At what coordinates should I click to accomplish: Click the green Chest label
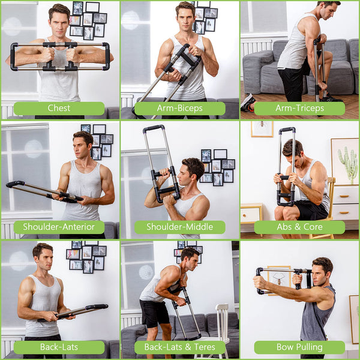[x=59, y=109]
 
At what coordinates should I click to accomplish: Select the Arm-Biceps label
[x=179, y=109]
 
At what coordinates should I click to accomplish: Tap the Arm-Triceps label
[x=299, y=109]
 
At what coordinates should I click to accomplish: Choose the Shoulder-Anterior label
[x=59, y=227]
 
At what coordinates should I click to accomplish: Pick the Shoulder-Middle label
[x=179, y=227]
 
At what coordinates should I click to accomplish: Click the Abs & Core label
[x=299, y=227]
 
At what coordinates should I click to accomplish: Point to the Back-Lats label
[x=59, y=347]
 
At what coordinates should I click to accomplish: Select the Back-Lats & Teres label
[x=179, y=347]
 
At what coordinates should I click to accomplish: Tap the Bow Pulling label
[x=299, y=347]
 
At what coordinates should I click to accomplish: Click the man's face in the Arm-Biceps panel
[x=185, y=17]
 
